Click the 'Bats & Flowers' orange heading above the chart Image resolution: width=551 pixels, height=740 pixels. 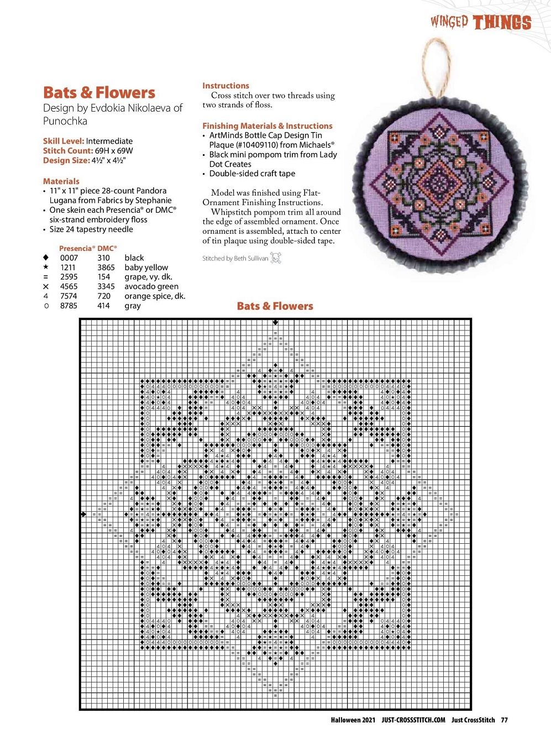click(x=275, y=306)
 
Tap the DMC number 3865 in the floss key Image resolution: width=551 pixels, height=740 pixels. click(x=106, y=267)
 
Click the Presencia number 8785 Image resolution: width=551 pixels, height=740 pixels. click(x=69, y=306)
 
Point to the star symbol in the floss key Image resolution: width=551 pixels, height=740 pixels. click(x=46, y=267)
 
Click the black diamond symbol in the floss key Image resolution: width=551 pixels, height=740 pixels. click(x=46, y=258)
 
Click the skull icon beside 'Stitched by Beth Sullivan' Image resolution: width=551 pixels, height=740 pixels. click(x=276, y=258)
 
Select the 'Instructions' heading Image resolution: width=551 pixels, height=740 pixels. click(x=225, y=86)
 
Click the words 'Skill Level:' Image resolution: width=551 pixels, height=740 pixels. click(x=64, y=141)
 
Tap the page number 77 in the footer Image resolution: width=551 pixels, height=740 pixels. click(x=504, y=720)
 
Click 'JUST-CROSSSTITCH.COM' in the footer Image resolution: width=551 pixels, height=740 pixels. click(x=413, y=720)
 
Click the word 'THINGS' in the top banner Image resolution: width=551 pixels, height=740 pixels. click(x=502, y=23)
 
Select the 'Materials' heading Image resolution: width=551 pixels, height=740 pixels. click(x=61, y=181)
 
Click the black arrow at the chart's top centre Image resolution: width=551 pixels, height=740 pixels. click(x=275, y=322)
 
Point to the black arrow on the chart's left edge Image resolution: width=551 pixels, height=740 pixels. click(x=83, y=515)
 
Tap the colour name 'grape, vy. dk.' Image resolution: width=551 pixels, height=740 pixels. click(x=148, y=277)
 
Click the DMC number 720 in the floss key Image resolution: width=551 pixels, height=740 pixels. click(x=103, y=296)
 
